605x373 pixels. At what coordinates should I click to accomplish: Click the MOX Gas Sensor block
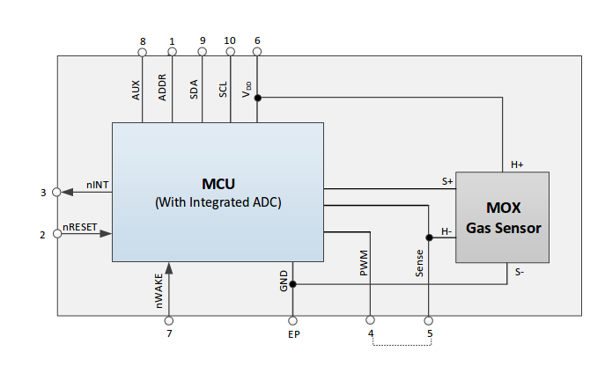coord(502,217)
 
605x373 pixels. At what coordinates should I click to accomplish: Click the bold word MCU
coord(218,184)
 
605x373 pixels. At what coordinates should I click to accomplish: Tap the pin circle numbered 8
coord(143,52)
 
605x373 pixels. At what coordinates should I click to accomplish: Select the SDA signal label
coord(194,90)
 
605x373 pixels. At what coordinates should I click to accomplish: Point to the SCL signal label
coord(223,90)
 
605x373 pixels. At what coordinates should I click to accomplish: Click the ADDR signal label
coord(162,87)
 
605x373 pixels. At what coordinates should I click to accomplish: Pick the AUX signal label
coord(136,90)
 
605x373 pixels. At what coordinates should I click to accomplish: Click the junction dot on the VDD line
coord(258,98)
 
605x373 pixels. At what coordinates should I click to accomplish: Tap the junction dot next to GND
coord(293,284)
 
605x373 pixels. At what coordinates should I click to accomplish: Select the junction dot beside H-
coord(429,238)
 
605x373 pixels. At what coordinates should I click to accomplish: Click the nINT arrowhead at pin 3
coord(67,192)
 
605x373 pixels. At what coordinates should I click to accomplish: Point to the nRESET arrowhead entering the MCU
coord(106,233)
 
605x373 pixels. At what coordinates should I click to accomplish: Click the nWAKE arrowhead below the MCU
coord(168,268)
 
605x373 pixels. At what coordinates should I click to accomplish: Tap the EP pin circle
coord(293,320)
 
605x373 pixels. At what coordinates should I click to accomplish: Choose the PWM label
coord(364,263)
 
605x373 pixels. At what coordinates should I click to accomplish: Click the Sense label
coord(419,263)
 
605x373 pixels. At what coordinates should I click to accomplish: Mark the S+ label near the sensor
coord(447,181)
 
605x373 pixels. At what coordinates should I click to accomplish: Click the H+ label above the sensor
coord(517,165)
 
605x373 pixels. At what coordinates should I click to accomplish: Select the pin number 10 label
coord(230,40)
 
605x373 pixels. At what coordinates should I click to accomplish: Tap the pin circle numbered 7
coord(168,320)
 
